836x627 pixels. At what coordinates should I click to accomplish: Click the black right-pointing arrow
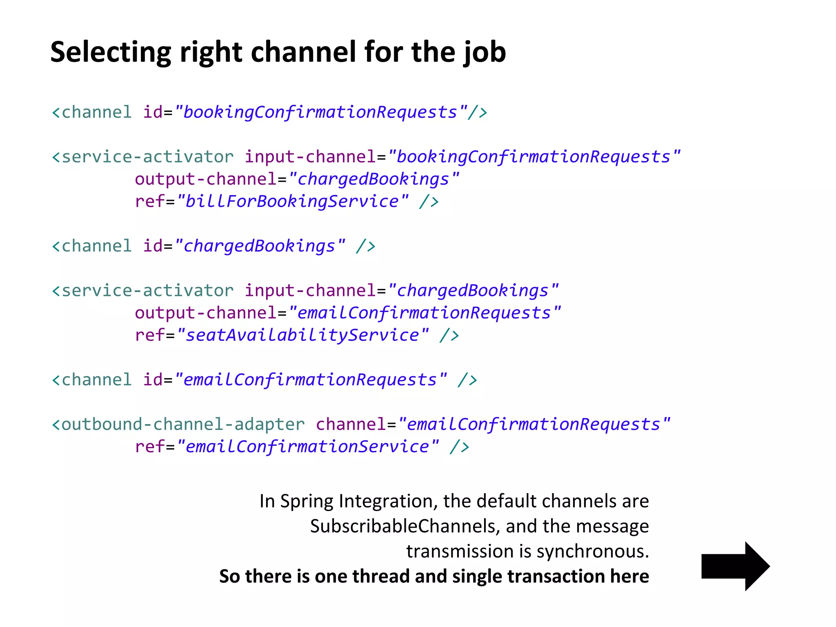(x=735, y=566)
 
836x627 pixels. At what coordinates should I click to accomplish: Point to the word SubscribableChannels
(x=403, y=526)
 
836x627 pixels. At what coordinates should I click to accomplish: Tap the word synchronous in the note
(x=592, y=551)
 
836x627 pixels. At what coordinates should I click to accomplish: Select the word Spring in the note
(x=306, y=501)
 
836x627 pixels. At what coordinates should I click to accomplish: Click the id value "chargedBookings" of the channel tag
(x=260, y=246)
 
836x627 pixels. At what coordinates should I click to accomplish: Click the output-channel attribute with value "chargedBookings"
(x=206, y=179)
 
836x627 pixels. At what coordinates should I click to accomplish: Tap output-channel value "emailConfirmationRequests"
(x=425, y=313)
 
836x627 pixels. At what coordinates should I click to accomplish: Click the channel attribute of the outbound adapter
(x=351, y=424)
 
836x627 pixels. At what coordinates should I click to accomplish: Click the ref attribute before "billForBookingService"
(x=150, y=201)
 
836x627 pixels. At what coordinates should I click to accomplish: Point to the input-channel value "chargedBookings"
(x=473, y=291)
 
